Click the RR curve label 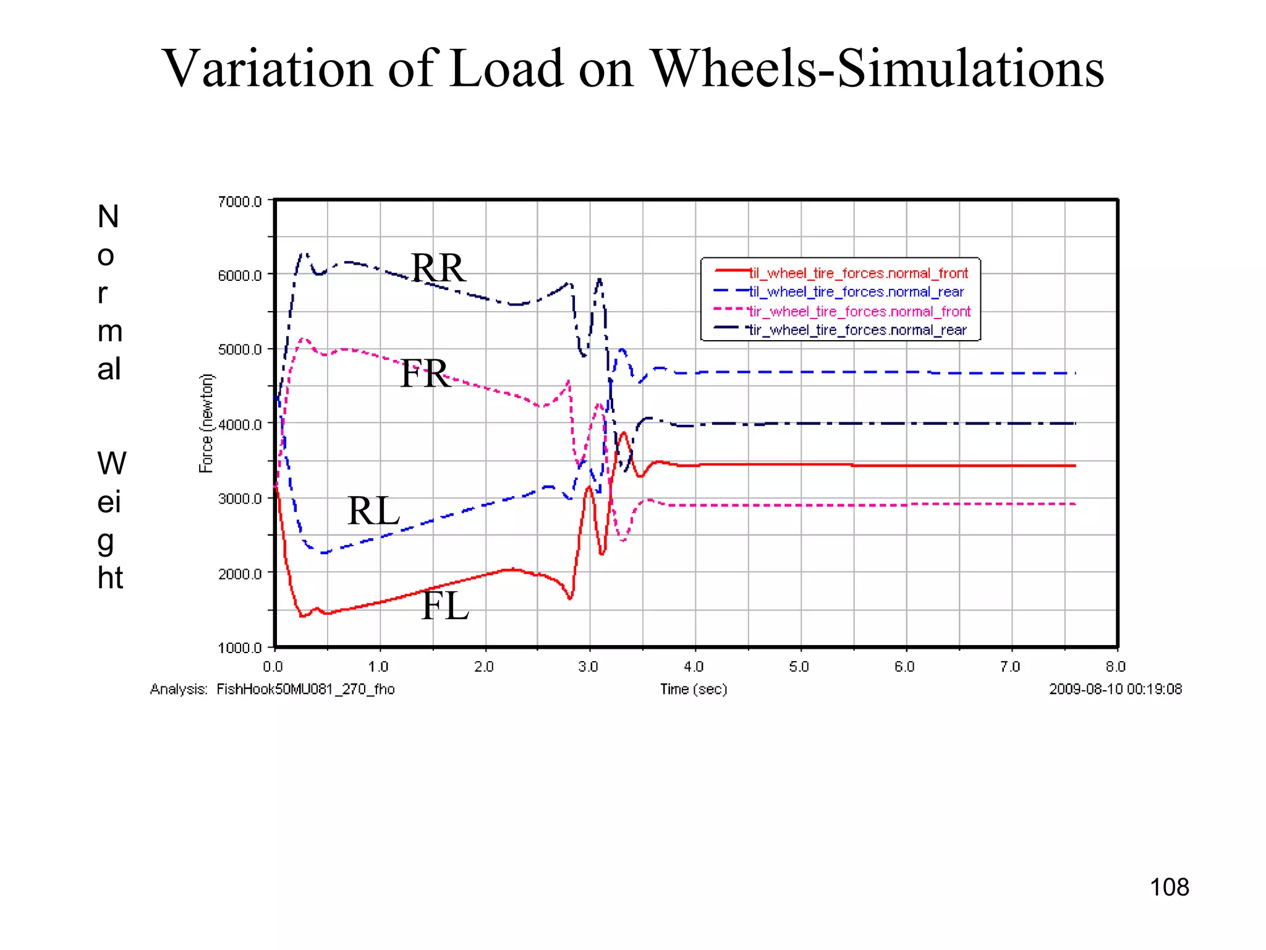(x=438, y=268)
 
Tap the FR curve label (x=425, y=374)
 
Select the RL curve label (x=373, y=511)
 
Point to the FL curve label (x=445, y=606)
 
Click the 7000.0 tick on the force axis (x=240, y=202)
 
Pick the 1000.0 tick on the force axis (x=240, y=648)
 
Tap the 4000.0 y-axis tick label (x=240, y=424)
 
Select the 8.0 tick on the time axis (x=1116, y=667)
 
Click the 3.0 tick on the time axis (x=588, y=667)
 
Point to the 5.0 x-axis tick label (x=799, y=667)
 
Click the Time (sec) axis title (x=694, y=689)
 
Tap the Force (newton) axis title (x=206, y=424)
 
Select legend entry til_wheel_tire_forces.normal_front (x=858, y=273)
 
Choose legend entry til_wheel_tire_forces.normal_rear (x=856, y=292)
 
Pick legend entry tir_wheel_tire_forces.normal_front (x=859, y=311)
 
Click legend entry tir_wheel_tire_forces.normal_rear (x=857, y=330)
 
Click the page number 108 (x=1169, y=888)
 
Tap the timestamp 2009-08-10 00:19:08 (x=1115, y=689)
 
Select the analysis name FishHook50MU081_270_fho (x=305, y=689)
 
